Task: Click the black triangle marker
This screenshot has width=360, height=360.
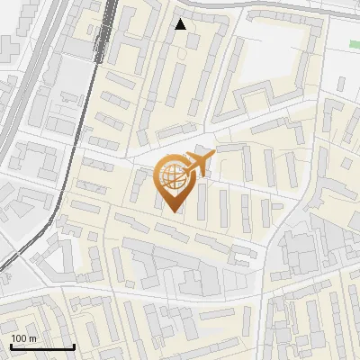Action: [181, 24]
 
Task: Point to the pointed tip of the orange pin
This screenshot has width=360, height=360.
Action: [173, 211]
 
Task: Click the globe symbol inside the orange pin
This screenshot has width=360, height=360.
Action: [172, 176]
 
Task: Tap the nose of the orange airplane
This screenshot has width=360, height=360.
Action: [213, 156]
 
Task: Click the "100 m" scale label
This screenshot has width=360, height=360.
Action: [23, 338]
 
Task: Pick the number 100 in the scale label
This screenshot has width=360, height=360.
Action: [19, 338]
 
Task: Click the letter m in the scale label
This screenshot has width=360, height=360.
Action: [32, 338]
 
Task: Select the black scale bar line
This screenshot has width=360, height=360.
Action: [41, 347]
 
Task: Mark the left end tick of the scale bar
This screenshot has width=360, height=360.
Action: [11, 346]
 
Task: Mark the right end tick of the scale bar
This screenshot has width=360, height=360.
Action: [73, 346]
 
